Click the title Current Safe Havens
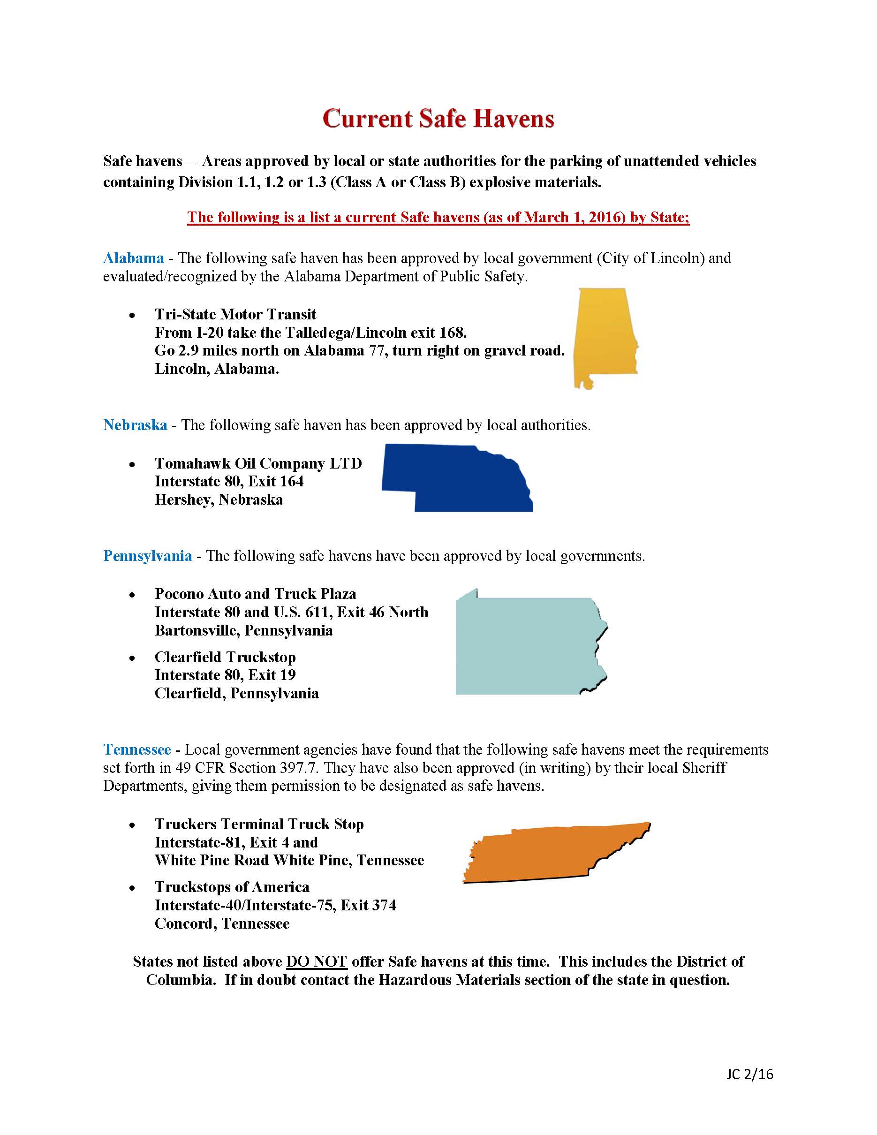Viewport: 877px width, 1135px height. [438, 119]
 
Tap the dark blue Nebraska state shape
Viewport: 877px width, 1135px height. [457, 478]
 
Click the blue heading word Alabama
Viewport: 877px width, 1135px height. [134, 258]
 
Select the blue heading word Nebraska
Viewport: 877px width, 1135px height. [135, 425]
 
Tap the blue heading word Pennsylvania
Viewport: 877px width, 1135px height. [148, 556]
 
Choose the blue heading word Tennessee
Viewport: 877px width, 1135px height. [136, 749]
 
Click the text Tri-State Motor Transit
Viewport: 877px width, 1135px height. [235, 314]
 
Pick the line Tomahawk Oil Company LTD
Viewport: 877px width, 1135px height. [258, 463]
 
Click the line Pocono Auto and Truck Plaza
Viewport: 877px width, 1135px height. [255, 594]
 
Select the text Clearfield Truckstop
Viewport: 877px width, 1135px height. [225, 657]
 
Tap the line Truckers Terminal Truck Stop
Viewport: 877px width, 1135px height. [259, 824]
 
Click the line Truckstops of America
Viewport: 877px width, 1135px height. [232, 887]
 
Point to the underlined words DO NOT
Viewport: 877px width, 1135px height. [316, 961]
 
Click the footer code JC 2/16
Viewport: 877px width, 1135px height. [749, 1074]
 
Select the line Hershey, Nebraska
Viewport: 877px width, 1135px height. [219, 500]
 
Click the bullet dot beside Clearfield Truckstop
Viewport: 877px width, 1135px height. [133, 658]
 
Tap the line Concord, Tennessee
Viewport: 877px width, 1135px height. [222, 923]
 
